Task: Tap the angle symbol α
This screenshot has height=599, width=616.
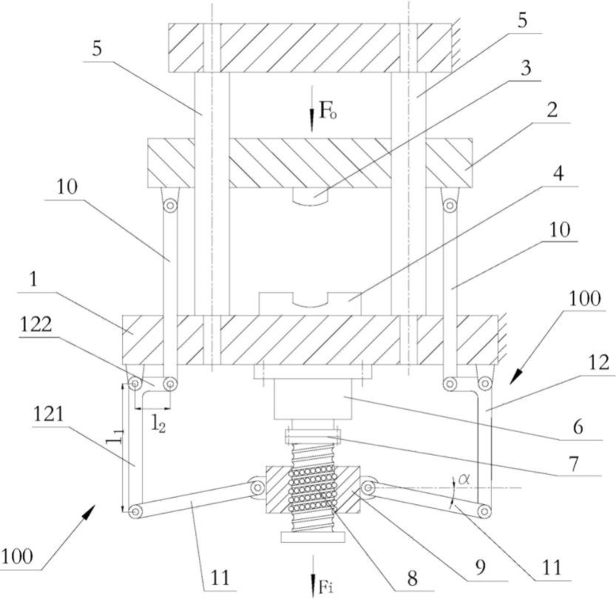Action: click(464, 478)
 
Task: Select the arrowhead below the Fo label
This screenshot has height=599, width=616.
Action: click(312, 126)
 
